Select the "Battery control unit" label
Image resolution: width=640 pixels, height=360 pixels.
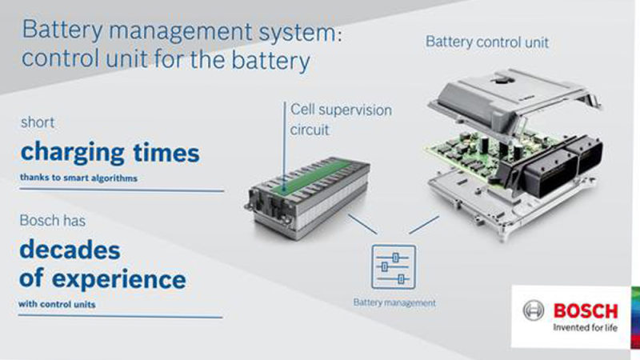tap(487, 42)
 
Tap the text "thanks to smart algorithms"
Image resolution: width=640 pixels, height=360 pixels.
tap(79, 178)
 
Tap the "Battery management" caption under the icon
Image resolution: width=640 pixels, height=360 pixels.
tap(394, 302)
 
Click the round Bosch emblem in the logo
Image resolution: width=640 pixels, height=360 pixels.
tap(533, 311)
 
